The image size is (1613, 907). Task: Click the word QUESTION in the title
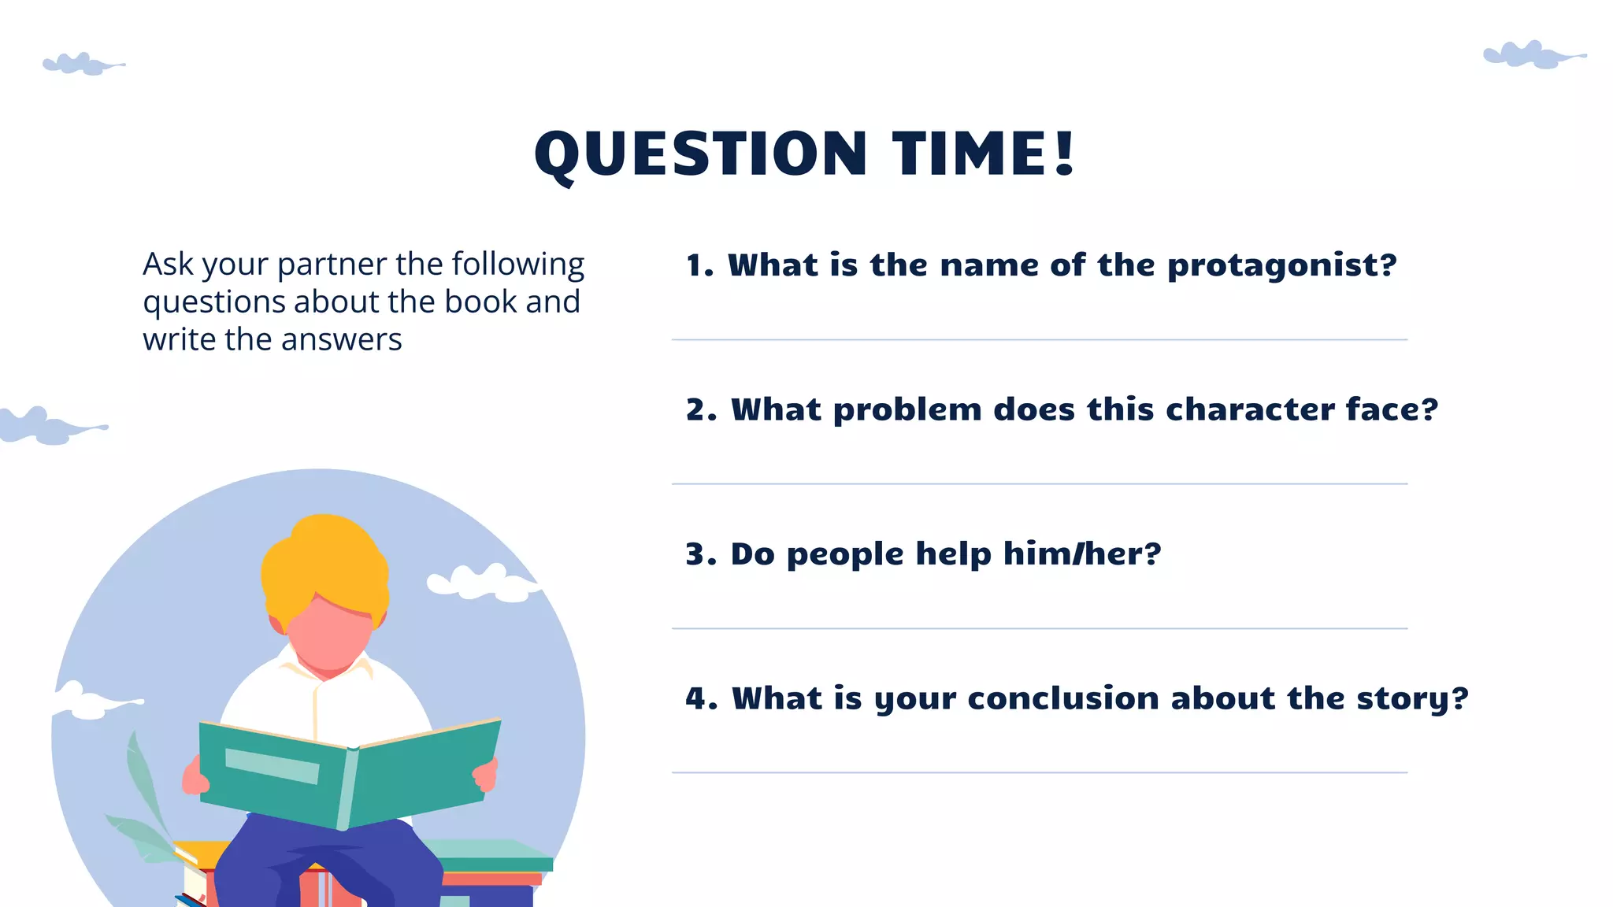tap(701, 154)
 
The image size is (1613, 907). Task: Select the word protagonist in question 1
tap(1281, 265)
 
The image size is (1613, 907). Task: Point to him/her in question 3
tap(1081, 554)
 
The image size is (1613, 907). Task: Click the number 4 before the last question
tap(696, 699)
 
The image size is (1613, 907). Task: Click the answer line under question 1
tap(1039, 340)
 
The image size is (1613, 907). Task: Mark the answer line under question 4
tap(1039, 772)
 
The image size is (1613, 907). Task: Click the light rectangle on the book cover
tap(272, 766)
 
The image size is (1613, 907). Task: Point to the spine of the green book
tap(347, 787)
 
